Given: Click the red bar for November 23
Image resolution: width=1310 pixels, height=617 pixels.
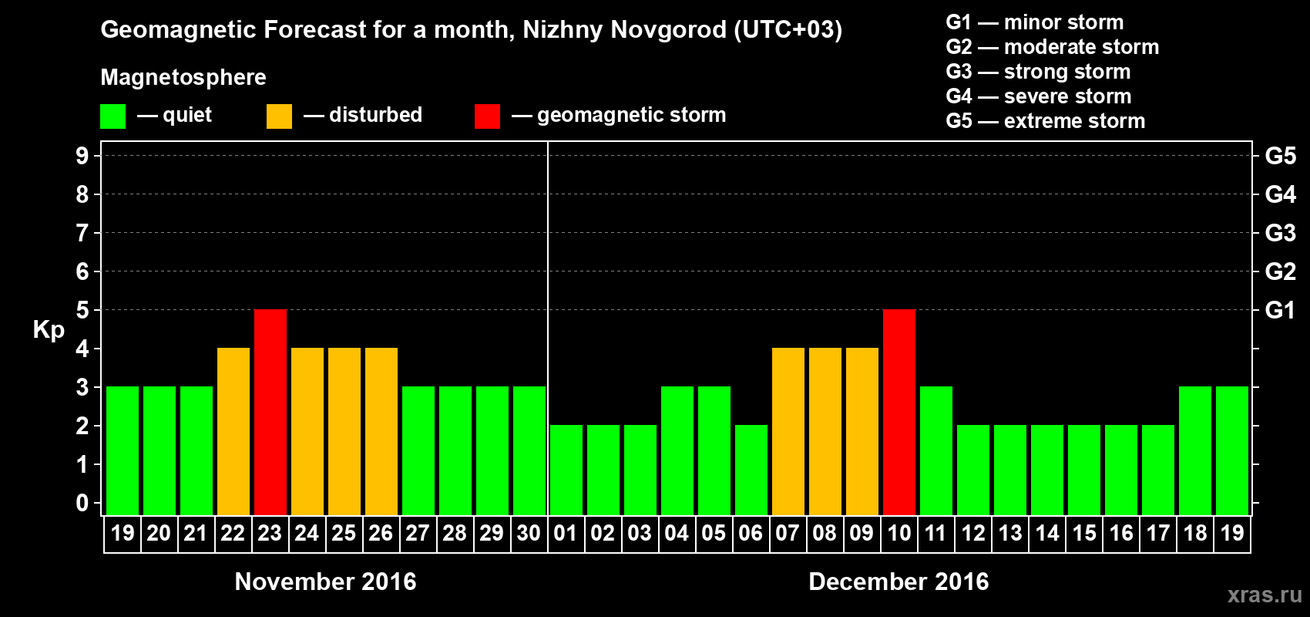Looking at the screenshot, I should pyautogui.click(x=270, y=412).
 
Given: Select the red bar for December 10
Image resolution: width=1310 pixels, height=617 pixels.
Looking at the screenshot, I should pyautogui.click(x=899, y=412).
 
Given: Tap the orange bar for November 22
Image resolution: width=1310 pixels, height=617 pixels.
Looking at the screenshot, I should pyautogui.click(x=233, y=431).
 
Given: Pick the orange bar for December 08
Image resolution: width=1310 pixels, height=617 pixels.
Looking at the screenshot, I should pyautogui.click(x=825, y=431).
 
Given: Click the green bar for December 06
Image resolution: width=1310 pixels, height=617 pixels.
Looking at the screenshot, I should pyautogui.click(x=751, y=470).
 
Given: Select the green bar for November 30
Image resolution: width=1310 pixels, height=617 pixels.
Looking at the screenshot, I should pyautogui.click(x=529, y=450).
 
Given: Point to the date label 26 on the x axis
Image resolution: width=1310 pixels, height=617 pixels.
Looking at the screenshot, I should pyautogui.click(x=381, y=534).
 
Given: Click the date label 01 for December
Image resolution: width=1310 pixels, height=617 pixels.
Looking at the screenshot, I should pyautogui.click(x=566, y=534).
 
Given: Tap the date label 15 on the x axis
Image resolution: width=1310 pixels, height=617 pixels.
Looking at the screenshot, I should pyautogui.click(x=1084, y=534).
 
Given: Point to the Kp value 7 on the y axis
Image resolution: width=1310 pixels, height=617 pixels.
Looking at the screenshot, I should pyautogui.click(x=82, y=233).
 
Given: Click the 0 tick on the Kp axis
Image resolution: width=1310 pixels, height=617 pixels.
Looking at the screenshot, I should pyautogui.click(x=82, y=504).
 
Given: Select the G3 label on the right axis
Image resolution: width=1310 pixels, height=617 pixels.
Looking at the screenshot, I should pyautogui.click(x=1280, y=233).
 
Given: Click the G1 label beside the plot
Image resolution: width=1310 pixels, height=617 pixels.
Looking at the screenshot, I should pyautogui.click(x=1280, y=310).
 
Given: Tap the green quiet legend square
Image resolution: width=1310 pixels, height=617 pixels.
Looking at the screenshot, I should pyautogui.click(x=113, y=116).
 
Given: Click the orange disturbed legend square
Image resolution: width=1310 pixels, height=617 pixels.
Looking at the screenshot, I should pyautogui.click(x=279, y=116).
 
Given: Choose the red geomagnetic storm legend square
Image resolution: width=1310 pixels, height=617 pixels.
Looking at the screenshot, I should pyautogui.click(x=487, y=116).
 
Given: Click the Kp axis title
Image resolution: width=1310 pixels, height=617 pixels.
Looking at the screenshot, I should pyautogui.click(x=49, y=330).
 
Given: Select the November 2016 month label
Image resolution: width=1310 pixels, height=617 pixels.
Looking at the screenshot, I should pyautogui.click(x=325, y=582).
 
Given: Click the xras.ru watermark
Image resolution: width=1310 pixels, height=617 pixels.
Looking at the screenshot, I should pyautogui.click(x=1264, y=595).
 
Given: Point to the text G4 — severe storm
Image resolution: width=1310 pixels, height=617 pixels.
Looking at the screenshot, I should pyautogui.click(x=1038, y=96).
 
